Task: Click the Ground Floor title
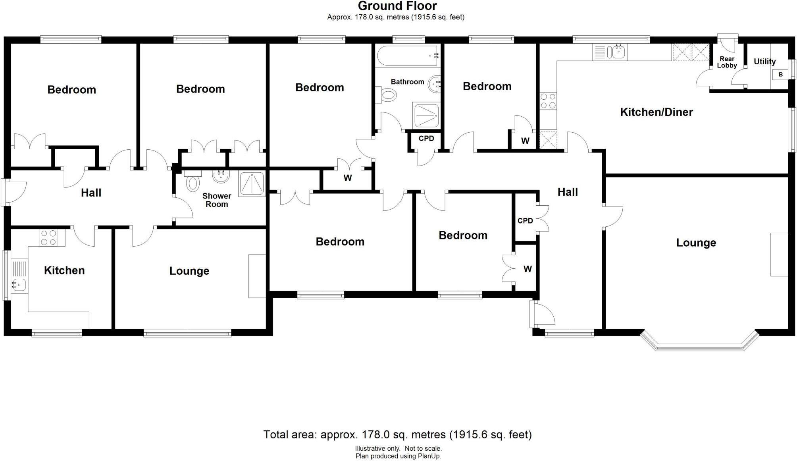tap(397, 6)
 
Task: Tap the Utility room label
tap(764, 62)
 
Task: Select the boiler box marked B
tap(780, 74)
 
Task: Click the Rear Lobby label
tap(727, 62)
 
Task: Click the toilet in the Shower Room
tap(193, 183)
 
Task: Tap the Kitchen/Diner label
tap(656, 112)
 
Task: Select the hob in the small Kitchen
tap(48, 237)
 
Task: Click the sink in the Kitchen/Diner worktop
tap(615, 52)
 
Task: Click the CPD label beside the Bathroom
tap(426, 139)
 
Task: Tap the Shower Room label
tap(217, 200)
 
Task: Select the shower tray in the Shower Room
tap(252, 184)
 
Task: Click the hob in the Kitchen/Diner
tap(548, 101)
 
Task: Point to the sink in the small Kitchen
tap(19, 285)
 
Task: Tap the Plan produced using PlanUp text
tap(398, 456)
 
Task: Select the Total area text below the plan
tap(397, 434)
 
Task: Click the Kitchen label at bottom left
tap(64, 270)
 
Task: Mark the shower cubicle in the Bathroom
tap(426, 115)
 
